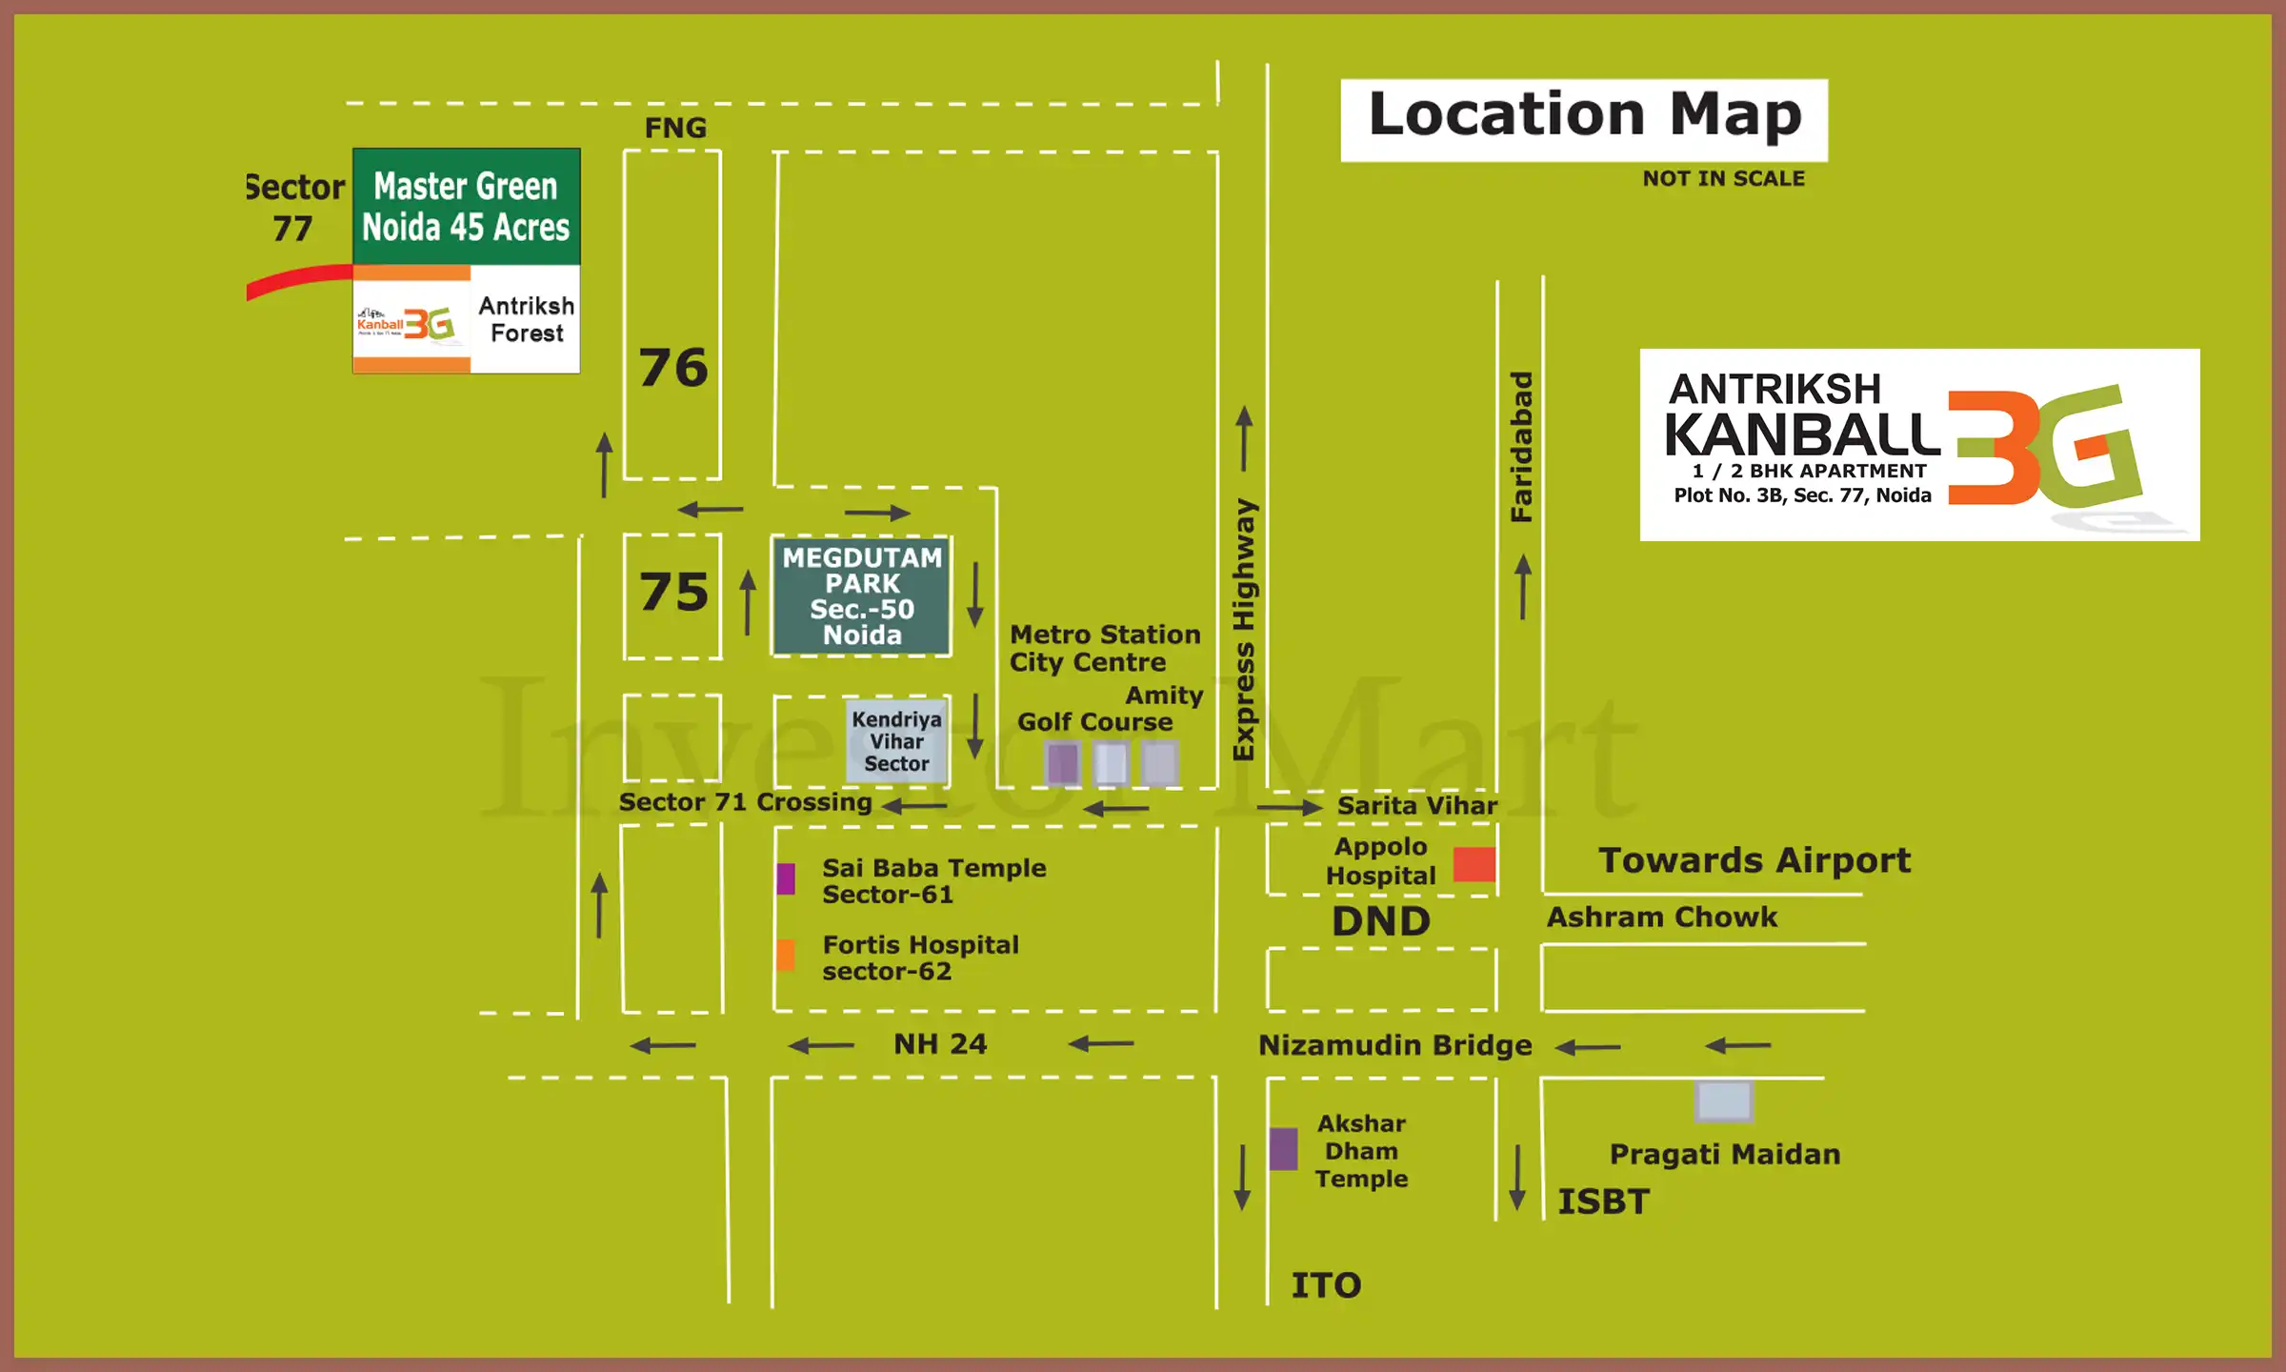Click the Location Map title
click(x=1584, y=116)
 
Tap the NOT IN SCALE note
click(x=1723, y=178)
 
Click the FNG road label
click(x=675, y=128)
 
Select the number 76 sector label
click(x=673, y=368)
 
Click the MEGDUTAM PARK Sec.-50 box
click(x=862, y=595)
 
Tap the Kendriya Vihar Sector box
click(x=896, y=741)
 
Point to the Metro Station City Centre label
click(x=1103, y=648)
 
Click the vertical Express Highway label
click(x=1244, y=629)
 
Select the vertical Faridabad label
click(x=1521, y=446)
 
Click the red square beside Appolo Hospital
click(x=1474, y=863)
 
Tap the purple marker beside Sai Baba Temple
click(x=786, y=878)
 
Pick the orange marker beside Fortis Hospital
click(x=786, y=954)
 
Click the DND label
click(x=1380, y=921)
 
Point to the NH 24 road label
click(x=939, y=1044)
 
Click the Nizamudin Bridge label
click(x=1394, y=1045)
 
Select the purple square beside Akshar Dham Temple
click(x=1283, y=1149)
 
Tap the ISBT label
click(x=1603, y=1201)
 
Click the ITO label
click(x=1326, y=1285)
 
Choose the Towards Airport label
click(x=1754, y=860)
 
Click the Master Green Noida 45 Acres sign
click(x=466, y=207)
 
